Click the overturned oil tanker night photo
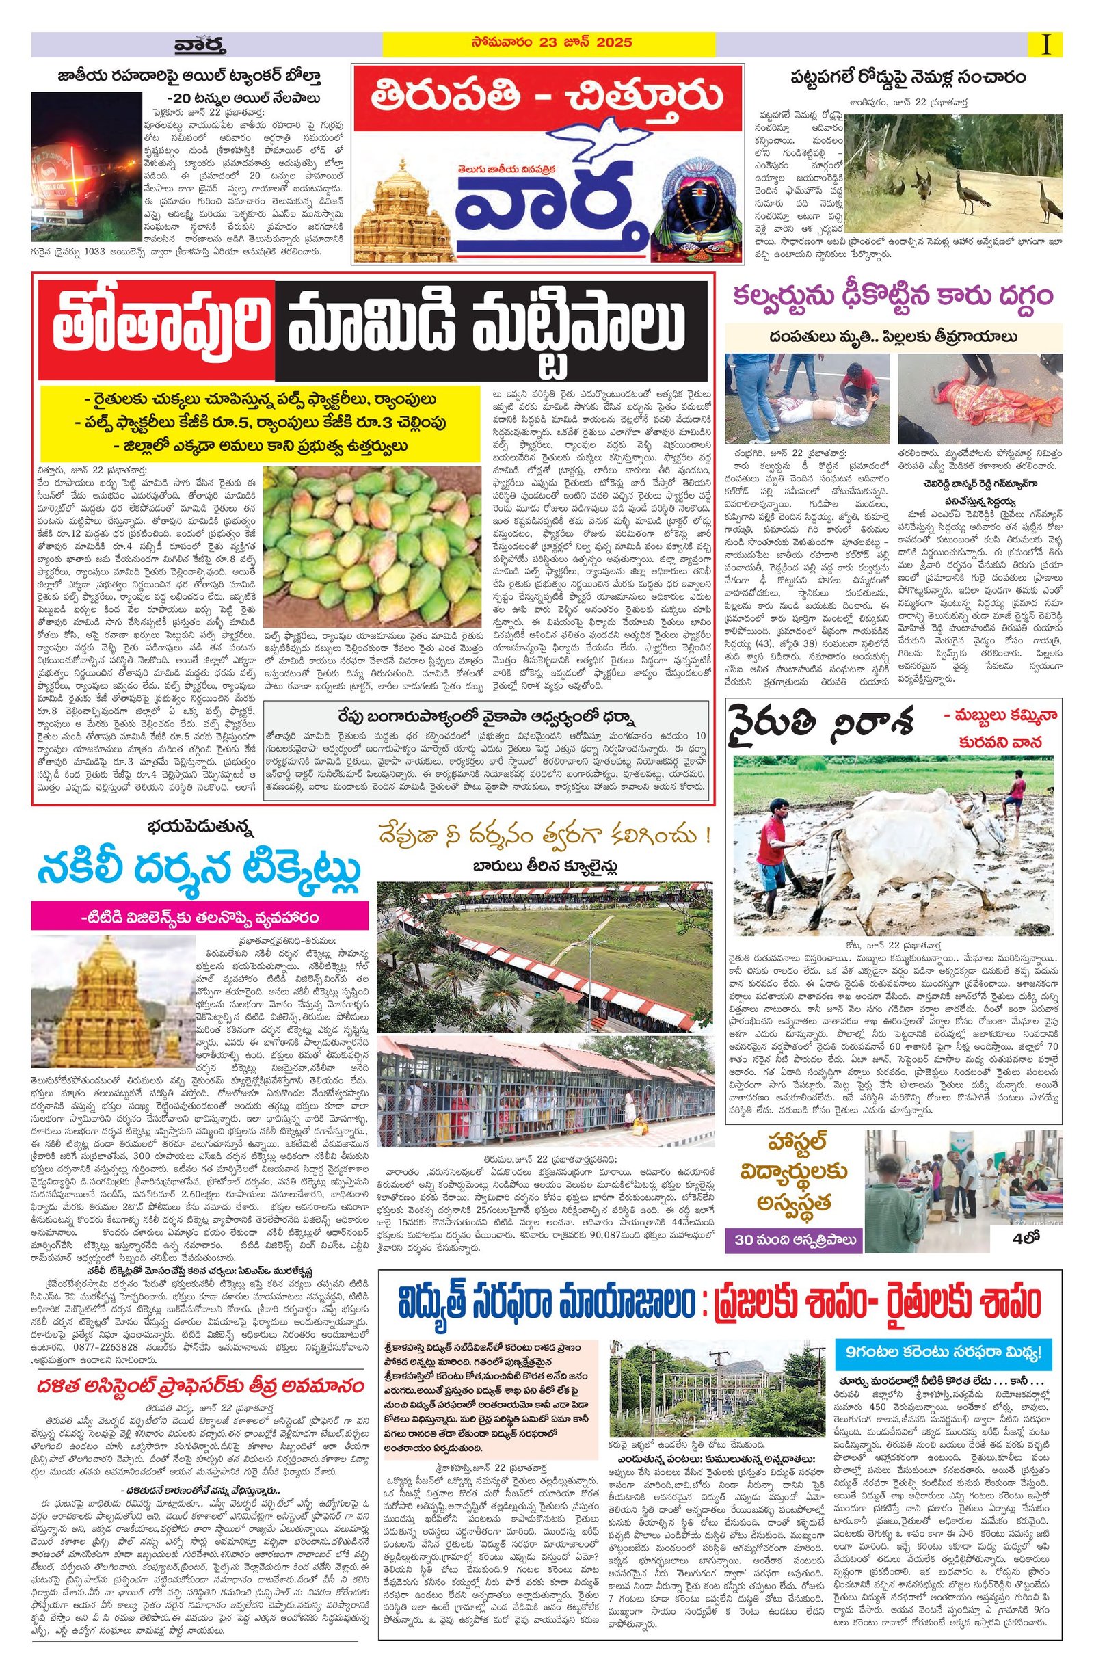click(86, 174)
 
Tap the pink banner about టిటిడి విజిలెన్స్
click(200, 918)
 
